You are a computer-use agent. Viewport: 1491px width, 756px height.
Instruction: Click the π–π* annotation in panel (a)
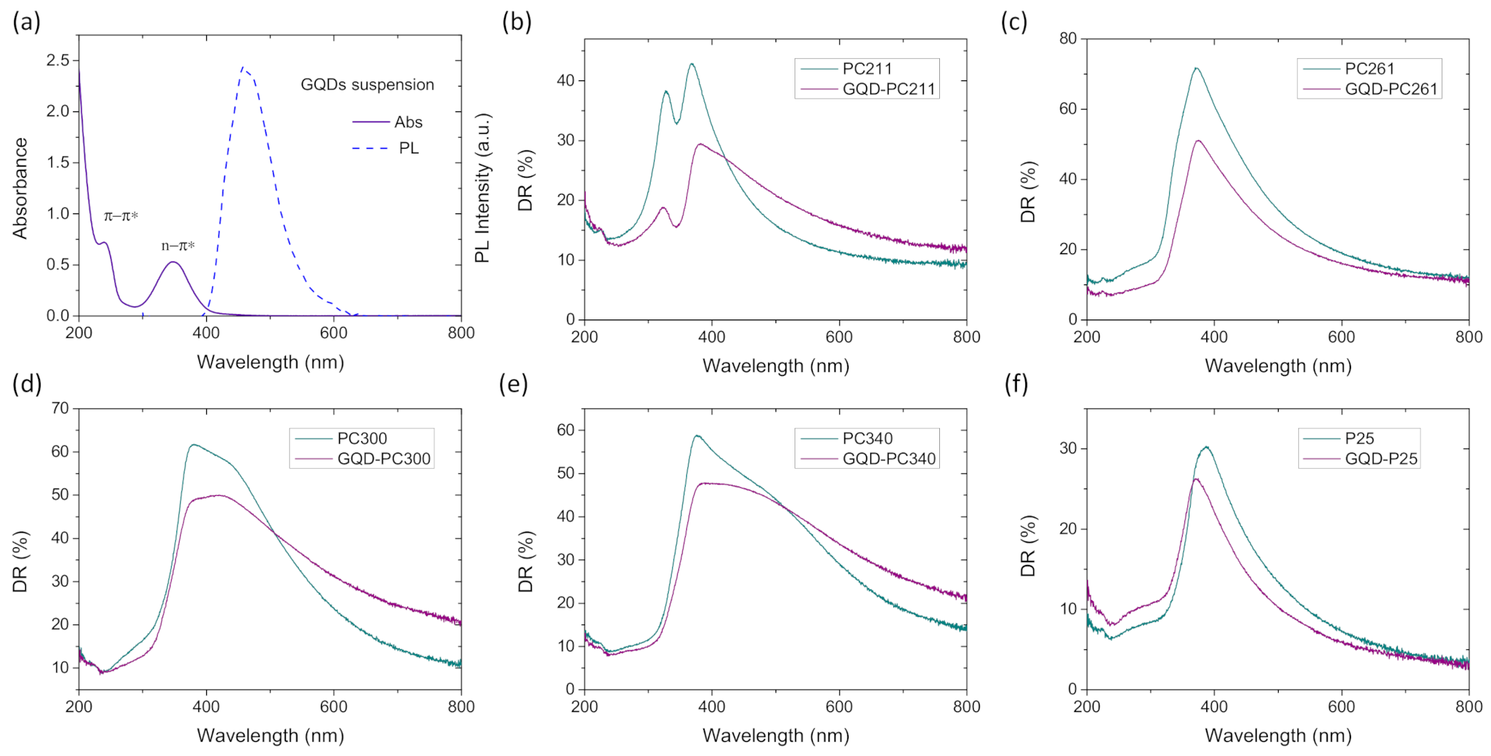coord(121,216)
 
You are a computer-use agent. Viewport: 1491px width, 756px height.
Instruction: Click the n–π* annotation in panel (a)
coord(178,246)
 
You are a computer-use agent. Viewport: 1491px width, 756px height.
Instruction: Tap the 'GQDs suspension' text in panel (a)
coord(367,85)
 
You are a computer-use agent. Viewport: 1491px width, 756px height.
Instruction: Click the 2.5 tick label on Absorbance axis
coord(58,60)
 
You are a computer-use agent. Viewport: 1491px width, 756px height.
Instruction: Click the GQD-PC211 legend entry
coord(888,89)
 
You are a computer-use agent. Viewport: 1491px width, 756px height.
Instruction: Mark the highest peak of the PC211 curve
coord(692,64)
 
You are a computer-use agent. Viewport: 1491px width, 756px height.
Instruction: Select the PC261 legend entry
coord(1369,69)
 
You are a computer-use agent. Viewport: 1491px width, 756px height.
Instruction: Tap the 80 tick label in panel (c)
coord(1068,39)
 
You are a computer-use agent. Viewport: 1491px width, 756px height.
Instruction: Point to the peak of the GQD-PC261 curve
coord(1198,141)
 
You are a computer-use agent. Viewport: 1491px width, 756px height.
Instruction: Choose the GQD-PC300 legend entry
coord(383,459)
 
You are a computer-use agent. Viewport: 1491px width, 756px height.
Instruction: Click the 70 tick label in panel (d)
coord(60,408)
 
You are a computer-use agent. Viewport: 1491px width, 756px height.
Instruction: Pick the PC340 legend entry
coord(868,438)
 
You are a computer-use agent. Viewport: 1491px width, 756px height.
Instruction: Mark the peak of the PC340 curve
coord(696,436)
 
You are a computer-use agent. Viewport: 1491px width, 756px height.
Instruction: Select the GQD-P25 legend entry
coord(1381,459)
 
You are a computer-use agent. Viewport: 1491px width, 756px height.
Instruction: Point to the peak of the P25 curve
coord(1206,447)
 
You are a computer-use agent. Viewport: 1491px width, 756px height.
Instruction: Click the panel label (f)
coord(1016,384)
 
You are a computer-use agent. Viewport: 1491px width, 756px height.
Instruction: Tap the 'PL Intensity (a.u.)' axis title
coord(482,188)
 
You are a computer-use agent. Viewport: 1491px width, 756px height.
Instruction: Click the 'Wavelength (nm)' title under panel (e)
coord(776,736)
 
